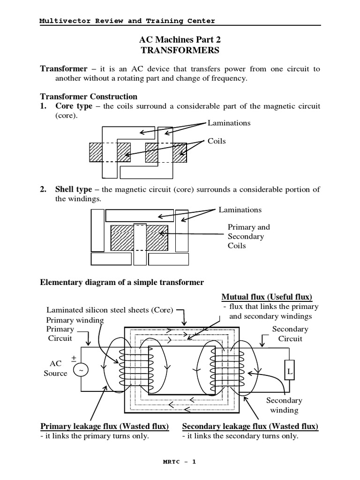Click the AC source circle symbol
(80, 370)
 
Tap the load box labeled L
(289, 371)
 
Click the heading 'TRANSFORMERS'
(180, 50)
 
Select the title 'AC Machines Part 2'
(180, 39)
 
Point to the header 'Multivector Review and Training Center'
(127, 21)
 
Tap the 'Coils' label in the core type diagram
(217, 141)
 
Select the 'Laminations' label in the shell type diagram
(240, 210)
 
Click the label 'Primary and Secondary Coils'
(248, 236)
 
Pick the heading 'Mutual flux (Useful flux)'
(267, 297)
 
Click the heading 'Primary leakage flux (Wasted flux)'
(104, 426)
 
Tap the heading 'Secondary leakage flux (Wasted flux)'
(250, 426)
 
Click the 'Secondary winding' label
(284, 405)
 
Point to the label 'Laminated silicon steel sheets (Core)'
(110, 310)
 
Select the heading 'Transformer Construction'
(89, 97)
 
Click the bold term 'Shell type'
(74, 189)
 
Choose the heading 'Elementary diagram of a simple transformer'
(122, 282)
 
